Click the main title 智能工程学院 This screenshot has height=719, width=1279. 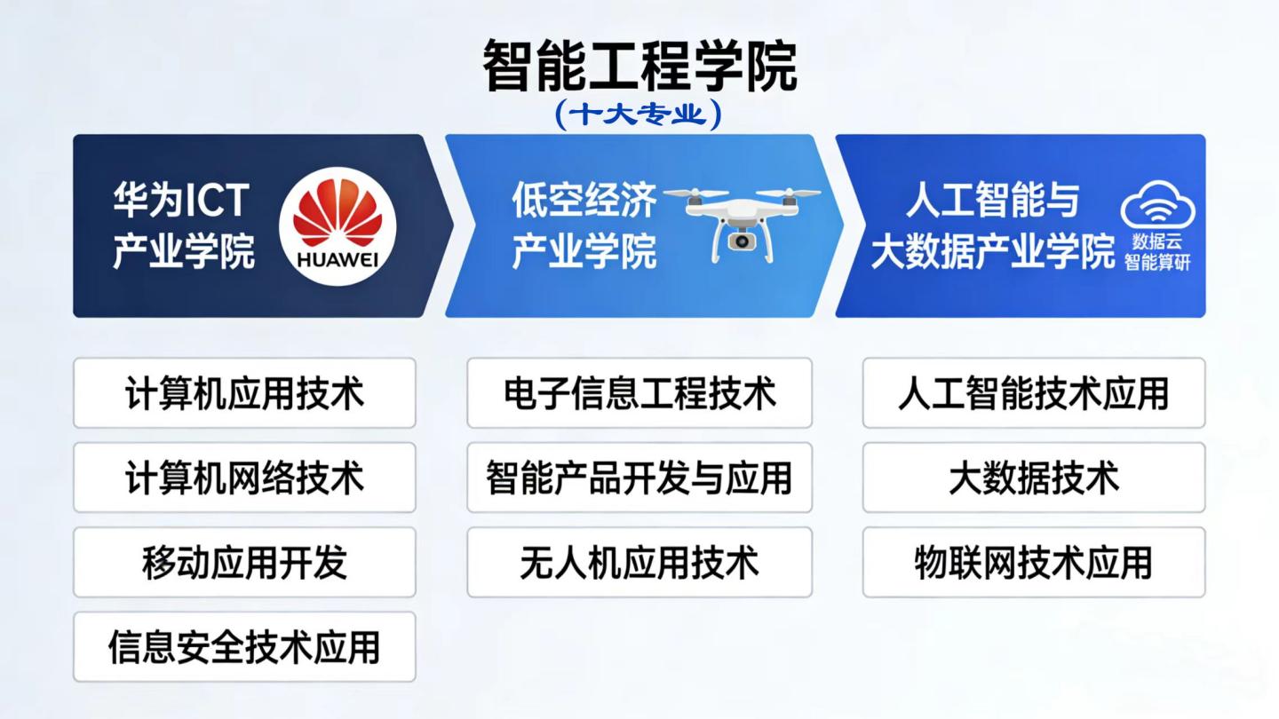pyautogui.click(x=639, y=66)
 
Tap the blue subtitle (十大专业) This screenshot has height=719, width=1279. pyautogui.click(x=639, y=115)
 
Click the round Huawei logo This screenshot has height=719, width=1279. pyautogui.click(x=338, y=226)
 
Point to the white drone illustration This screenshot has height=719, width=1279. pyautogui.click(x=742, y=224)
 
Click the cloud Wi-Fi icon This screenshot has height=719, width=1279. pyautogui.click(x=1158, y=205)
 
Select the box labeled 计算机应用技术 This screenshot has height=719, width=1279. pyautogui.click(x=244, y=393)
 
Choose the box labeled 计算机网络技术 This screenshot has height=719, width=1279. pyautogui.click(x=244, y=478)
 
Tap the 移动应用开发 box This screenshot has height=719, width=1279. pyautogui.click(x=244, y=562)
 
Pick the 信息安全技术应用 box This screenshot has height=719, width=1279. pyautogui.click(x=244, y=647)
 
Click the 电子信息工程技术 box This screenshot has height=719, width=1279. pyautogui.click(x=639, y=393)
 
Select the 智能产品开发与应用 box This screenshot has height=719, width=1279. pyautogui.click(x=639, y=478)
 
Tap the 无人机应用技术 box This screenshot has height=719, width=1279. pyautogui.click(x=639, y=562)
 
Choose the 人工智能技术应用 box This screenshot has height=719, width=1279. pyautogui.click(x=1034, y=393)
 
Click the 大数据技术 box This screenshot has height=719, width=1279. pyautogui.click(x=1034, y=478)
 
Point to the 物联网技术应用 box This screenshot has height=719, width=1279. pyautogui.click(x=1034, y=562)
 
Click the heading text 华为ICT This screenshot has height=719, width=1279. pyautogui.click(x=181, y=200)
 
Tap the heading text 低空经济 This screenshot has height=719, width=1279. pyautogui.click(x=584, y=200)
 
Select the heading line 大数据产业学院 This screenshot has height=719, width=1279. pyautogui.click(x=993, y=250)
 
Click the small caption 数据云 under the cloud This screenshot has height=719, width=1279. pyautogui.click(x=1157, y=242)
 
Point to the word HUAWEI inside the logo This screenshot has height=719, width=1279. pyautogui.click(x=338, y=260)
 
